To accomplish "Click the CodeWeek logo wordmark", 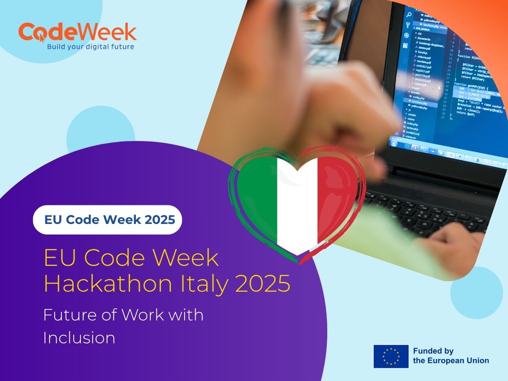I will [x=77, y=33].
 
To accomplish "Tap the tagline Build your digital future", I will [x=90, y=47].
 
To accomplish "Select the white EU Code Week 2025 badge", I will [x=108, y=220].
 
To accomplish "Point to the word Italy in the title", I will [x=210, y=284].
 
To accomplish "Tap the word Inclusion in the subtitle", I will [x=79, y=337].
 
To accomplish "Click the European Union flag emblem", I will [x=391, y=356].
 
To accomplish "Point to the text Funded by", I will [x=433, y=351].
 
